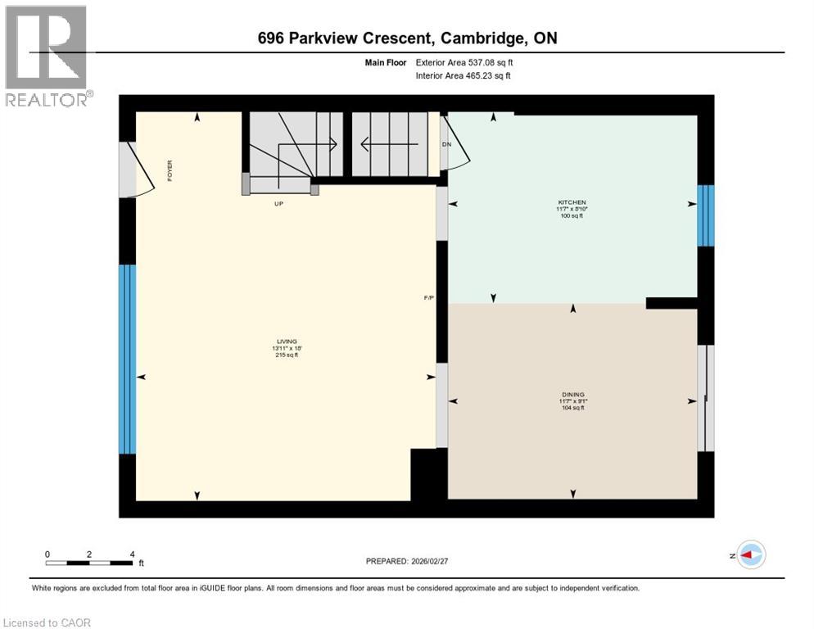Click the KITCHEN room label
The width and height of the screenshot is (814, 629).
click(572, 202)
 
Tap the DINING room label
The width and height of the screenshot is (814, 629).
click(572, 394)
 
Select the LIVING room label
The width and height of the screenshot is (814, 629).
click(286, 342)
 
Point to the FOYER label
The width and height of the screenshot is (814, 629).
click(170, 171)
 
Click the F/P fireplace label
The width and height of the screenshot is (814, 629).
click(427, 297)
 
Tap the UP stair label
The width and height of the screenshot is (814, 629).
click(278, 204)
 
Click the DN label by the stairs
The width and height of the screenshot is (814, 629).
click(446, 144)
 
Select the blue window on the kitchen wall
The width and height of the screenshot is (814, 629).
click(705, 215)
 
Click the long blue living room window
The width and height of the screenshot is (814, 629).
click(127, 359)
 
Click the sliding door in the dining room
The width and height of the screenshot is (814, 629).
click(705, 398)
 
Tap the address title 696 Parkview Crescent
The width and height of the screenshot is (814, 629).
click(407, 38)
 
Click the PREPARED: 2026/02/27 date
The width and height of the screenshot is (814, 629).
click(407, 561)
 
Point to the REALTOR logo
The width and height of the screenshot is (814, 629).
click(47, 56)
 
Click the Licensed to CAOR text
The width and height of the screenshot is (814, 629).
click(47, 622)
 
